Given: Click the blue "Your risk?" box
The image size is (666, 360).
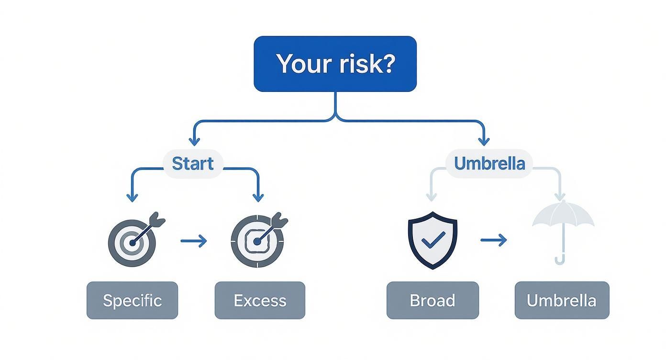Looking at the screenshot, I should (335, 64).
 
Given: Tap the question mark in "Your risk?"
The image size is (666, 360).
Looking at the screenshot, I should (387, 63).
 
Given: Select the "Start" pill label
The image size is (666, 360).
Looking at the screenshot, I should (192, 164).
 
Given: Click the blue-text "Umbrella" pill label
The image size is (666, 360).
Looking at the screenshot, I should (489, 164).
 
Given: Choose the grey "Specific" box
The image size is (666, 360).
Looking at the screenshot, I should (132, 300).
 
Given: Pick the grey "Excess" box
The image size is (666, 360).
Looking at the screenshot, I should (260, 300).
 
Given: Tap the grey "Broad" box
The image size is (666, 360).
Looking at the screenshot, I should (433, 300).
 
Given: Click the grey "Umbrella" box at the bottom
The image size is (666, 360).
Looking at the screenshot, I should (562, 300).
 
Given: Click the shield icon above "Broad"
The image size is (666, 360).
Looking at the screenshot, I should (433, 240).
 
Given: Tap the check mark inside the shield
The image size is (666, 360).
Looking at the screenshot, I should (433, 239).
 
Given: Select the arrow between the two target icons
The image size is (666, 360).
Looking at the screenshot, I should (194, 241).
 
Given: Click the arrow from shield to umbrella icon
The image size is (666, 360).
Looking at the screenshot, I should (494, 240).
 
